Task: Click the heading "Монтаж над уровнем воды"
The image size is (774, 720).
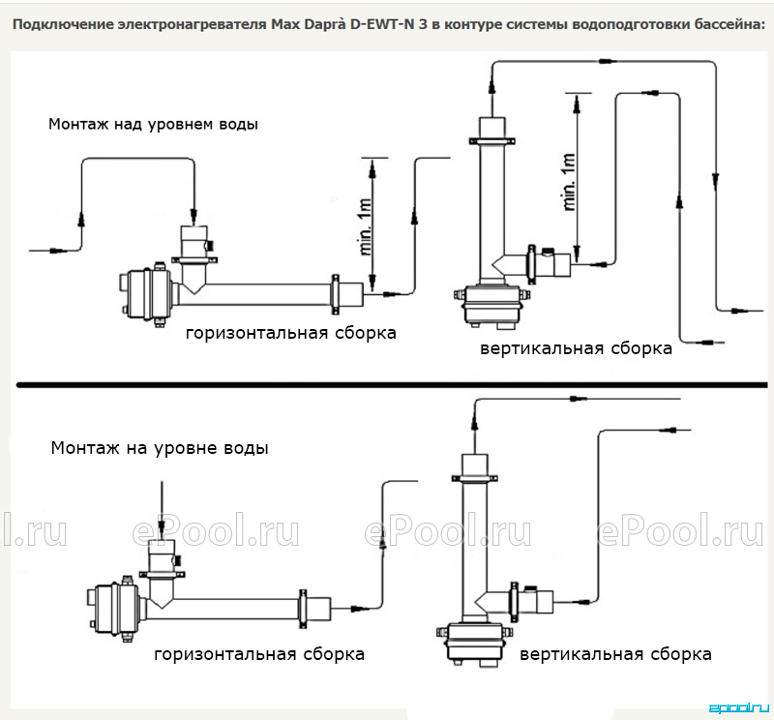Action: tap(153, 125)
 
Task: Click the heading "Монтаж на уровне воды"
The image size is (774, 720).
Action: tap(160, 448)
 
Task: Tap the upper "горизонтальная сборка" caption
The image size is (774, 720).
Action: tap(291, 333)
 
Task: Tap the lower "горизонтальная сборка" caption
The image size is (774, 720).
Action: tap(259, 655)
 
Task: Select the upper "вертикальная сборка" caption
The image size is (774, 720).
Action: tap(576, 348)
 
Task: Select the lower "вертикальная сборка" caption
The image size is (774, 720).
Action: tap(615, 655)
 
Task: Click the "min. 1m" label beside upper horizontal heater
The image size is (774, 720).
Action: tap(366, 227)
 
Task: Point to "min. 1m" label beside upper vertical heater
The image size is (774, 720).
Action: tap(569, 182)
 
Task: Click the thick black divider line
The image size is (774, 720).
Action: tap(392, 385)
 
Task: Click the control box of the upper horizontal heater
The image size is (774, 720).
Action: tap(146, 294)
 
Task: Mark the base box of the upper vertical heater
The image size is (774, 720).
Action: tap(491, 306)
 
